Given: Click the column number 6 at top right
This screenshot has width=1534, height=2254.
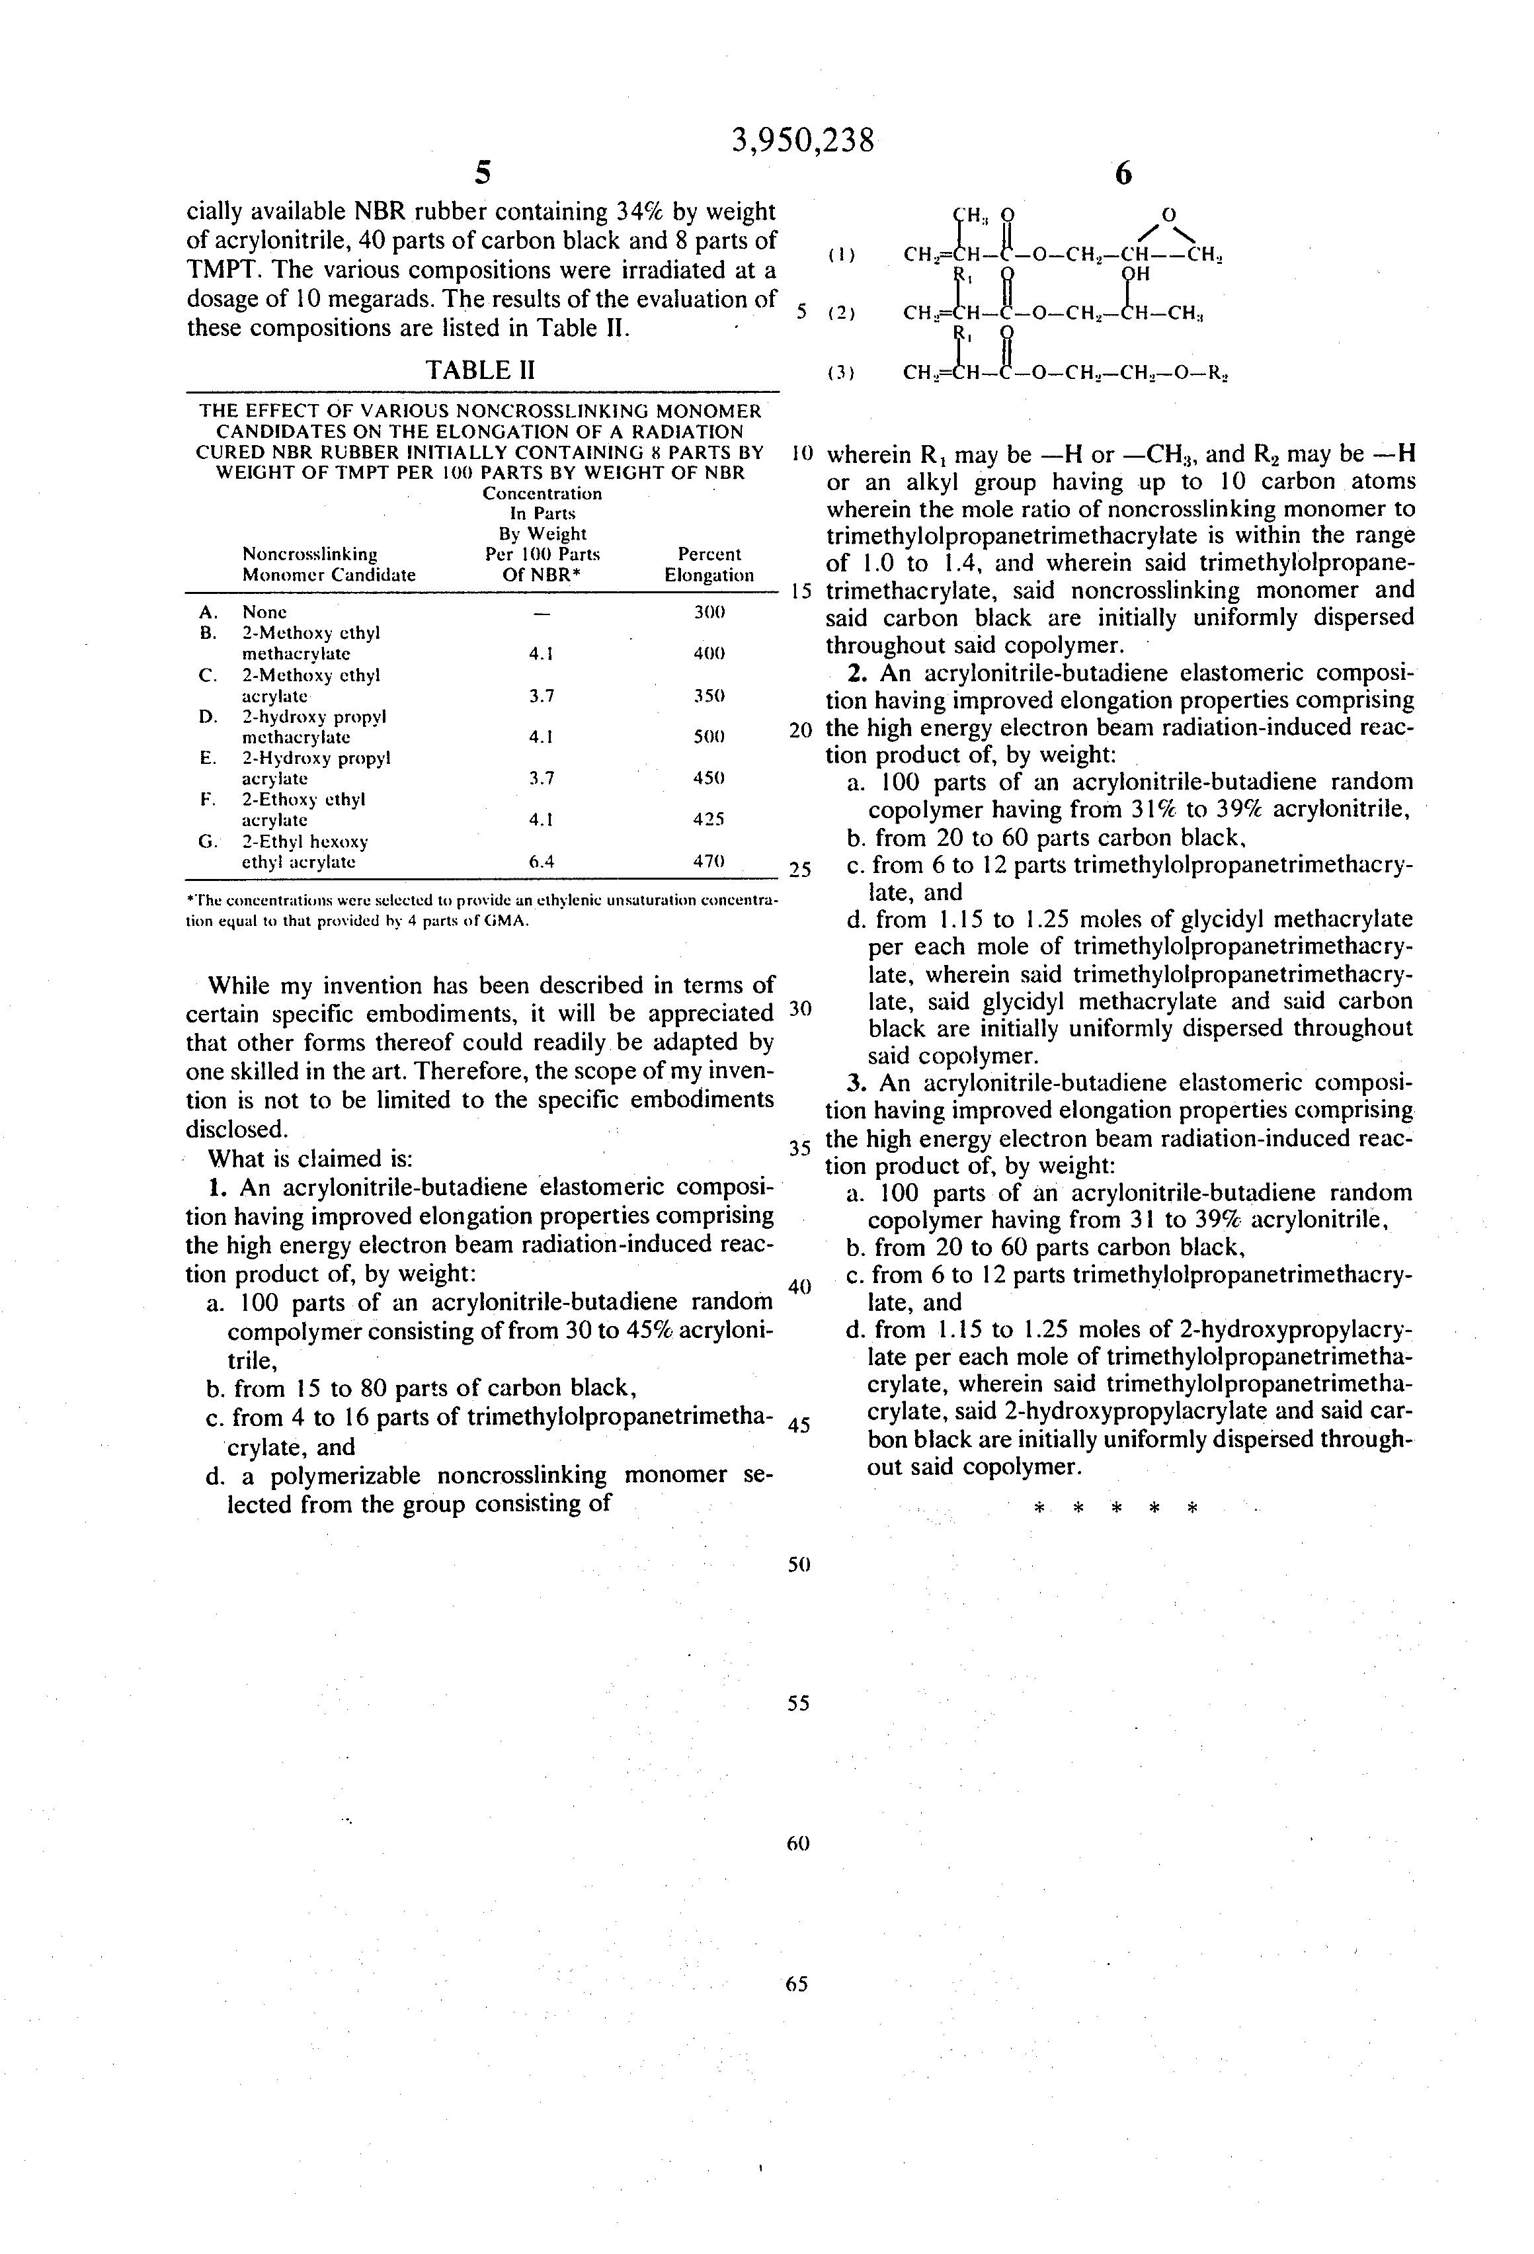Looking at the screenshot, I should tap(1123, 175).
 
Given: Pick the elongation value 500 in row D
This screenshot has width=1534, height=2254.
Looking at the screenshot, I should tap(709, 736).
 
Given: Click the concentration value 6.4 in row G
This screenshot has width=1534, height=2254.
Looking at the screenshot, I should tap(541, 860).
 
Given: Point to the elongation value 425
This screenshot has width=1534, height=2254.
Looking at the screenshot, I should tap(709, 819).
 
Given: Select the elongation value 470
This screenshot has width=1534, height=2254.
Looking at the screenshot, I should tap(709, 860).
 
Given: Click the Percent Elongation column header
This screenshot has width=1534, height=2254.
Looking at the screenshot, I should tap(709, 564).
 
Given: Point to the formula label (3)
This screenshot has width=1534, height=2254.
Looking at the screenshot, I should tap(840, 372).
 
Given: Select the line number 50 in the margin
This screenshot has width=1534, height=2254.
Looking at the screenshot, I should tap(798, 1564).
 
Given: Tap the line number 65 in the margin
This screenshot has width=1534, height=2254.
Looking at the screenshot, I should tap(798, 1984).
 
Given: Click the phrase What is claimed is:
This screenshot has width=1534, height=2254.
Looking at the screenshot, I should tap(311, 1159).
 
